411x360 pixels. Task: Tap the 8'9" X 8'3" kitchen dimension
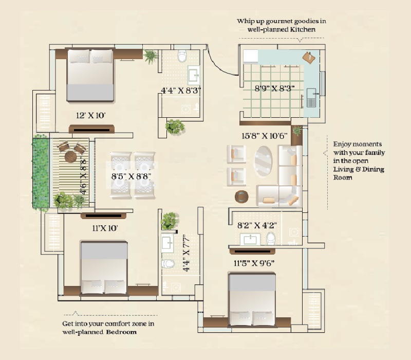[x=274, y=88]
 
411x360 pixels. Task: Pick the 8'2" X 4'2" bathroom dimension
[x=257, y=224]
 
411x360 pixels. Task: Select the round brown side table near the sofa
[x=241, y=197]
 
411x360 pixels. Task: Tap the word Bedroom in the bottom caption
[x=122, y=332]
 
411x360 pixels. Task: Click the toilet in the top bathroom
[x=182, y=56]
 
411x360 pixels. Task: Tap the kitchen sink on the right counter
[x=311, y=96]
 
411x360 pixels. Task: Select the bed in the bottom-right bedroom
[x=252, y=299]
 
